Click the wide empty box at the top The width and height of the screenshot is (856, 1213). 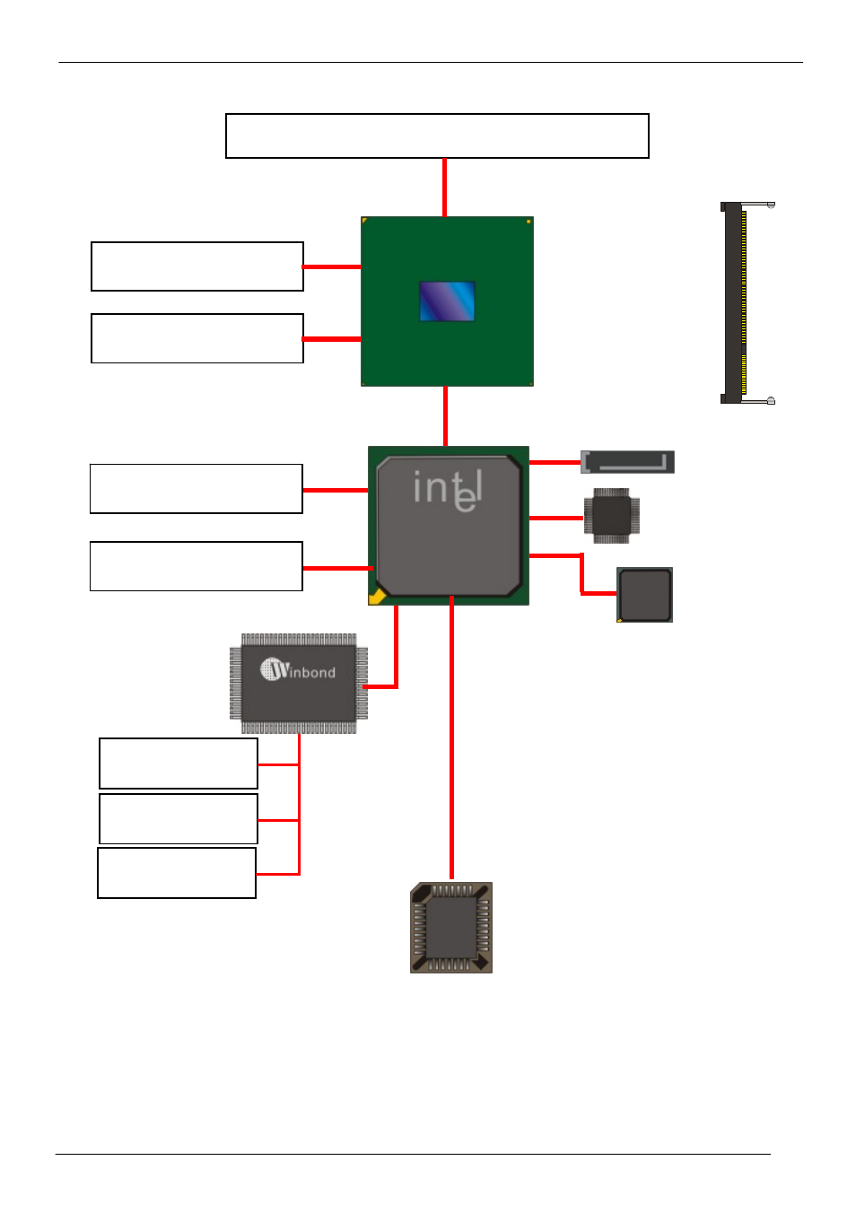437,135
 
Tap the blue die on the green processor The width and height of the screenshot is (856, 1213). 447,301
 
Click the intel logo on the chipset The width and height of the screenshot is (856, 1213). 448,490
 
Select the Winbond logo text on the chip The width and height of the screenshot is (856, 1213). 298,670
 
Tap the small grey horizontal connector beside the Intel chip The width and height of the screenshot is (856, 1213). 627,462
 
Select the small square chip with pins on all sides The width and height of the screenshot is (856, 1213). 612,516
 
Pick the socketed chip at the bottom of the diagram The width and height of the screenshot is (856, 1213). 451,928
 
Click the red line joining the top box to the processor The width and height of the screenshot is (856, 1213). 444,188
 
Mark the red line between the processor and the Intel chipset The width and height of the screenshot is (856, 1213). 445,416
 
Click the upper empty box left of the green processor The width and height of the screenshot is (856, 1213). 197,266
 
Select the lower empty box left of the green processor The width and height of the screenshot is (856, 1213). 197,338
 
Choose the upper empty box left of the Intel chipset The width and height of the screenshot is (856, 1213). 197,489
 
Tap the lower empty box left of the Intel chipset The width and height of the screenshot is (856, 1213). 197,566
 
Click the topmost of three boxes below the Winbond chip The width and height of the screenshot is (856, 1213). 179,764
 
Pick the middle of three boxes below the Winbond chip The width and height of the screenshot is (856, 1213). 179,818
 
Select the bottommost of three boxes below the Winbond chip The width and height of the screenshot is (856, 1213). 177,873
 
